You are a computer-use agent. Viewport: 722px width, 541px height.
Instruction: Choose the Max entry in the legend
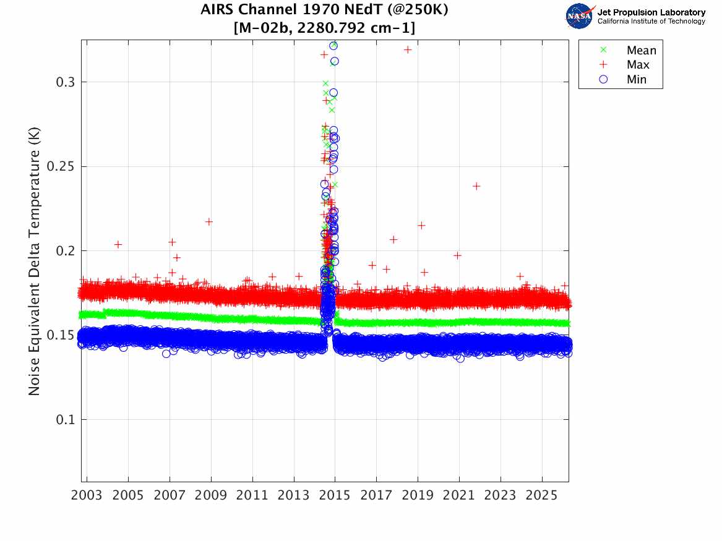tap(638, 65)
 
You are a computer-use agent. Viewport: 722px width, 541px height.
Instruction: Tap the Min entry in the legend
tap(637, 80)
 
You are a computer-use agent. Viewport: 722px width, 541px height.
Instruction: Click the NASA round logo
tap(579, 16)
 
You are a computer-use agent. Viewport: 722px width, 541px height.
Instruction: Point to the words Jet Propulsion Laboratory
tap(651, 12)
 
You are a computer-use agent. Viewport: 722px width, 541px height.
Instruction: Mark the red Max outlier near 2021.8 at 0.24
tap(476, 186)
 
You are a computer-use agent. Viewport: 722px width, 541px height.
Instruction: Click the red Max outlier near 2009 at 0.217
tap(209, 222)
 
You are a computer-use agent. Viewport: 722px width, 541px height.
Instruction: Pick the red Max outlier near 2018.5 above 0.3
tap(408, 49)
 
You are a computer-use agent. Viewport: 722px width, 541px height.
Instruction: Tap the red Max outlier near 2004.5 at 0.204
tap(118, 245)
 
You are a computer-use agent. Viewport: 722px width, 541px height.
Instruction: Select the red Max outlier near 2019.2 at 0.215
tap(421, 226)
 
